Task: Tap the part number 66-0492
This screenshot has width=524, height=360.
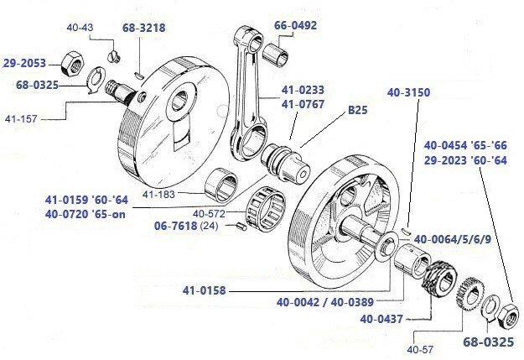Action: click(296, 25)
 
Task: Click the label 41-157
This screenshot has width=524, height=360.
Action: click(18, 119)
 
